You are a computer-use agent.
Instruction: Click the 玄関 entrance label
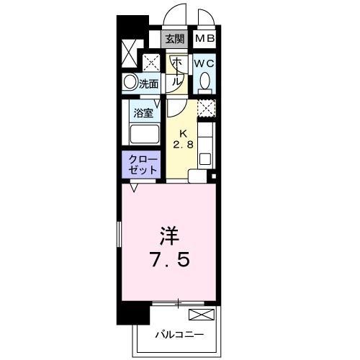click(174, 40)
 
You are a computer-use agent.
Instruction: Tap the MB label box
click(205, 40)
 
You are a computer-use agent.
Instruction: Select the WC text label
click(204, 63)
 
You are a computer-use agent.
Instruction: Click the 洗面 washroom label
click(149, 84)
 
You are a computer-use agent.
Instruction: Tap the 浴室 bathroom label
click(143, 112)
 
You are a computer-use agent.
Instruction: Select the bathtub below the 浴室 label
click(143, 135)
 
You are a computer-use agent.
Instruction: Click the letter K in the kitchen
click(183, 133)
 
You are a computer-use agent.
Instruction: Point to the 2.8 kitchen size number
click(183, 145)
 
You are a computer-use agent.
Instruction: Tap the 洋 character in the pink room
click(168, 236)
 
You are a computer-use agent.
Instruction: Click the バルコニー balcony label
click(179, 334)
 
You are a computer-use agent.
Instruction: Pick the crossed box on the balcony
click(201, 314)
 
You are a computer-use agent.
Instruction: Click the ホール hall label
click(176, 72)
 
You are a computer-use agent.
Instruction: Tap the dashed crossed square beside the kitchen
click(207, 108)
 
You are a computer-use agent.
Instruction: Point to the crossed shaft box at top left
click(129, 53)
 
